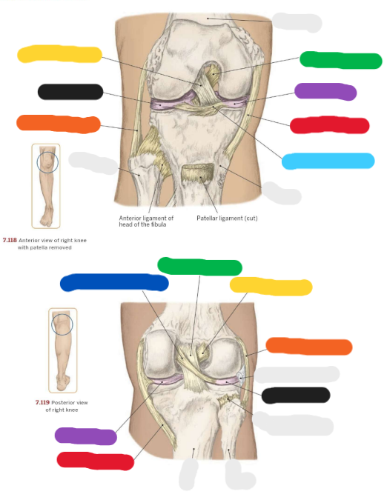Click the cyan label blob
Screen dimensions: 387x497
[x=328, y=161]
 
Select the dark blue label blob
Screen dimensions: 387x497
[x=114, y=283]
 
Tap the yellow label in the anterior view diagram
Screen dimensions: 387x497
[x=59, y=54]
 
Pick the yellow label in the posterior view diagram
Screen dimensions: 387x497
[x=271, y=287]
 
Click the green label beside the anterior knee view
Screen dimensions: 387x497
[x=341, y=60]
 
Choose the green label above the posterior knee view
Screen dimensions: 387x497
[x=200, y=266]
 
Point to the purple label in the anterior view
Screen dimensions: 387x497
[x=325, y=92]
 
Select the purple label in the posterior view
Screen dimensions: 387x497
[x=86, y=436]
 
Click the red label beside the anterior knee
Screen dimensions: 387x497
[x=330, y=125]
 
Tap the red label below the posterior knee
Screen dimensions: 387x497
[x=95, y=461]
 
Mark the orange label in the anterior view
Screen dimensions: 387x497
[x=59, y=124]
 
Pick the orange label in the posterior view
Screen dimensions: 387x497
[x=309, y=346]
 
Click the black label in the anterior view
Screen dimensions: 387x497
[x=70, y=92]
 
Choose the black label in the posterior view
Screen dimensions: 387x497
[x=296, y=396]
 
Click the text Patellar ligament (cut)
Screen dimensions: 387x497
[x=227, y=218]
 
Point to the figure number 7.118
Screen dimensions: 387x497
[x=10, y=240]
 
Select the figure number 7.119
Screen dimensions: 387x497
[x=42, y=402]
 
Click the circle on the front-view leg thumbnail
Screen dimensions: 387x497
[x=47, y=162]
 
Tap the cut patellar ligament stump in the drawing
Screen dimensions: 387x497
[x=197, y=173]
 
